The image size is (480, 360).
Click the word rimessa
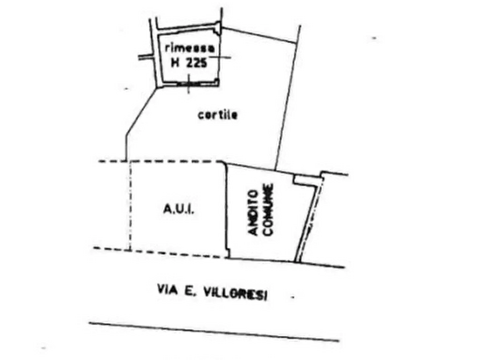pyautogui.click(x=190, y=48)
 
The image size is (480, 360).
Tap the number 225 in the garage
pyautogui.click(x=197, y=63)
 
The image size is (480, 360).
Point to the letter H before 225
pyautogui.click(x=175, y=63)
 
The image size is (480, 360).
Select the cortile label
pyautogui.click(x=217, y=115)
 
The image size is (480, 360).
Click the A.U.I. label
pyautogui.click(x=179, y=210)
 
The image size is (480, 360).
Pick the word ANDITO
pyautogui.click(x=254, y=213)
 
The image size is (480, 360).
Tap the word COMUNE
pyautogui.click(x=268, y=210)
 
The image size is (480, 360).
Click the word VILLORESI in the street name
pyautogui.click(x=235, y=294)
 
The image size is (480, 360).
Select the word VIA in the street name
pyautogui.click(x=167, y=290)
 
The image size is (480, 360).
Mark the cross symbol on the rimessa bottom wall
pyautogui.click(x=189, y=83)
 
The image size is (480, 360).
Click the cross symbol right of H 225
pyautogui.click(x=220, y=57)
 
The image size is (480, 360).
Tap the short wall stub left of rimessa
pyautogui.click(x=146, y=57)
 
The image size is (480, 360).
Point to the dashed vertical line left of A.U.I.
pyautogui.click(x=130, y=206)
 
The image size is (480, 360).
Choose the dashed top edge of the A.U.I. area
pyautogui.click(x=162, y=161)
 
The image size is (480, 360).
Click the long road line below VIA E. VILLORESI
pyautogui.click(x=214, y=332)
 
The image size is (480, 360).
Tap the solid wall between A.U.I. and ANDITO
pyautogui.click(x=227, y=210)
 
